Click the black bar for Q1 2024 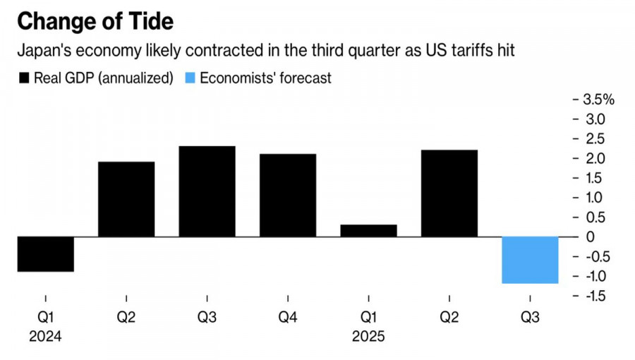[x=45, y=253]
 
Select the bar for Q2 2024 [x=126, y=199]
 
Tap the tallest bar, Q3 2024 [x=207, y=191]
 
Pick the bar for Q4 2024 [x=287, y=195]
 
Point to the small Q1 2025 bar [x=368, y=230]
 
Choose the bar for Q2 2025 [x=449, y=193]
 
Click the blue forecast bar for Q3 [x=530, y=260]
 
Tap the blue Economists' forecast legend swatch [x=189, y=78]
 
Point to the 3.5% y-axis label [x=599, y=99]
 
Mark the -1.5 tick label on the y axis [x=595, y=296]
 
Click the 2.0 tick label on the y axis [x=594, y=158]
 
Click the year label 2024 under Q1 [x=45, y=337]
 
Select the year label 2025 [x=368, y=337]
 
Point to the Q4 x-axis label [x=287, y=318]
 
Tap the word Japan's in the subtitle [x=43, y=52]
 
